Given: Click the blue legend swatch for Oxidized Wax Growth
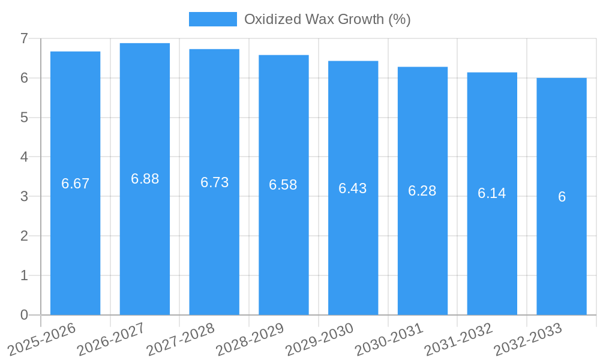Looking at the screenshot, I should point(212,19).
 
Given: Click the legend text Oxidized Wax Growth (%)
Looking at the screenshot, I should point(327,19).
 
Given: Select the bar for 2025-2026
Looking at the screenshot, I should point(75,240).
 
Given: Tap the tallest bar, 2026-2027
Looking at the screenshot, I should point(145,240).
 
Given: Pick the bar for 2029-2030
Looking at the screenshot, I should point(353,252).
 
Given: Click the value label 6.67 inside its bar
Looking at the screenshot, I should point(75,184).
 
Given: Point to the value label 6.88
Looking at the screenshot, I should point(145,179).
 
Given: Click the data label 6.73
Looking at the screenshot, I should point(214,182).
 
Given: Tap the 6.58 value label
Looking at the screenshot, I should point(283,185).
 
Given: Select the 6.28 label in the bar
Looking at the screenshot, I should point(422,191).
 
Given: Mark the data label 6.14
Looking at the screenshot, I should point(492,193).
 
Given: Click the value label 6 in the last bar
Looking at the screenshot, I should point(562,197).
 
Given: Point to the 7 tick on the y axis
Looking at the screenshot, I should point(24,38).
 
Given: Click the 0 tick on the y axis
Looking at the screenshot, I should point(24,315).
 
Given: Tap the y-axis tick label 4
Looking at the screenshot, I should point(24,157).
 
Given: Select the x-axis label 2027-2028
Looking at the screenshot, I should point(180,340).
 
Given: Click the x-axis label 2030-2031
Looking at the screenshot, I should point(389,340).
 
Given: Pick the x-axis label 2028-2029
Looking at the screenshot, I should point(250,340).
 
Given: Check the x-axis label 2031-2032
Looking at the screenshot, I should point(458,340).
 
